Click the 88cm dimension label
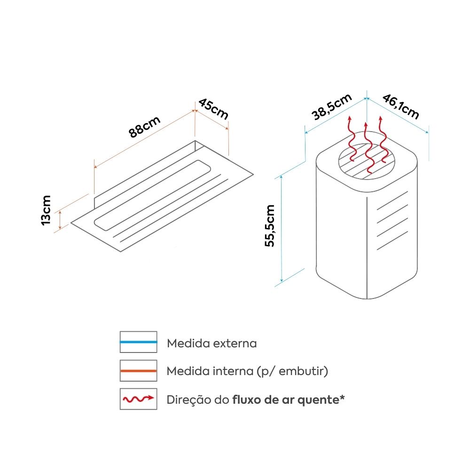tap(145, 126)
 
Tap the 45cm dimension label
tap(213, 109)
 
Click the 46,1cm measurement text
tap(400, 107)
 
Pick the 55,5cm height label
tap(270, 226)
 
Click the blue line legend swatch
tap(138, 342)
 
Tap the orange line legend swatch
tap(138, 371)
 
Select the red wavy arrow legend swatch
tap(138, 399)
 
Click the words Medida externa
tap(212, 344)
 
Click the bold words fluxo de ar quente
tap(287, 400)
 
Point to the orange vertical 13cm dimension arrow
tap(60, 220)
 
